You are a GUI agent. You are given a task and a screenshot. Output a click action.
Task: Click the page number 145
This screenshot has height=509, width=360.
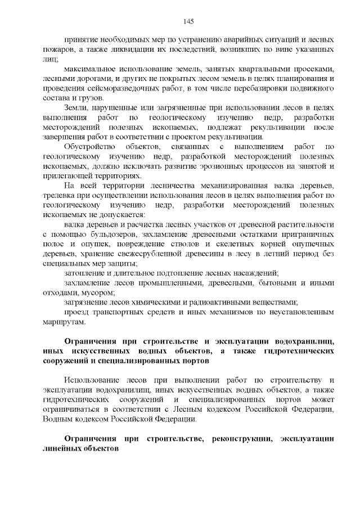click(x=188, y=21)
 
